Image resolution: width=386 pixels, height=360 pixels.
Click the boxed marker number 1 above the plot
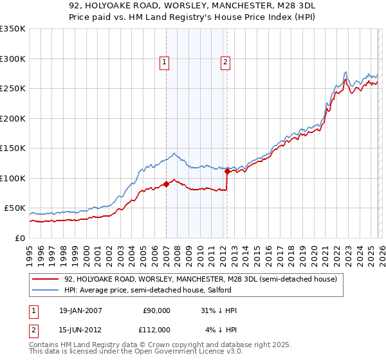[x=165, y=62]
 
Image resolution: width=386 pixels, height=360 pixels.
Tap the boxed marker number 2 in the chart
[x=226, y=62]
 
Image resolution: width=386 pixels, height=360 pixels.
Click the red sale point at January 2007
[x=166, y=184]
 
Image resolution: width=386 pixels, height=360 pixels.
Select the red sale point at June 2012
[x=227, y=171]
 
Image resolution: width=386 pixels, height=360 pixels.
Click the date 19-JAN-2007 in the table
[x=77, y=310]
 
